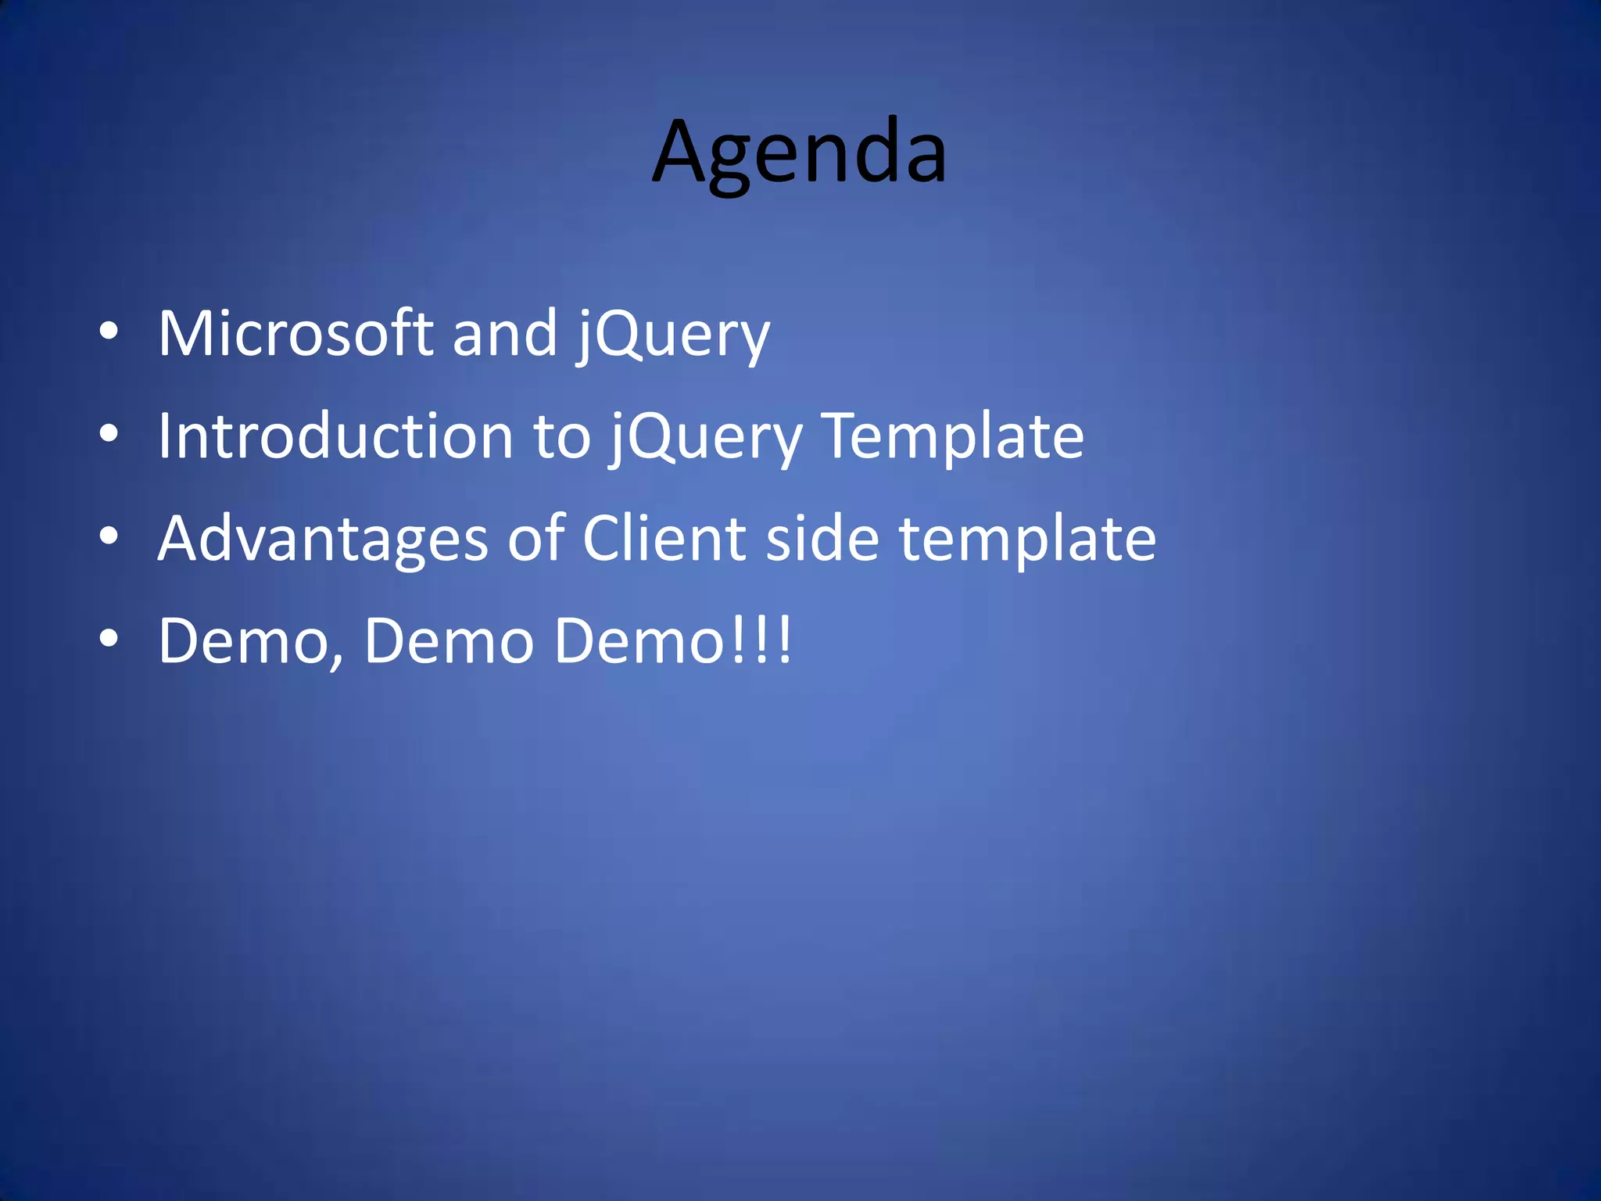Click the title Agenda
coord(799,152)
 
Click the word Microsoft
coord(295,335)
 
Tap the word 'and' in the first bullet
coord(504,335)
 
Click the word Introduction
coord(335,437)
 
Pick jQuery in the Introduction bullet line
coord(706,439)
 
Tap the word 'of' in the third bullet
coord(535,540)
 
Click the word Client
coord(664,540)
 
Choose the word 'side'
coord(822,540)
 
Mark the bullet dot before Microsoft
coord(109,332)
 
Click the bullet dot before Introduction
coord(109,434)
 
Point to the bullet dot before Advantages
coord(109,536)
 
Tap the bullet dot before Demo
coord(109,639)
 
